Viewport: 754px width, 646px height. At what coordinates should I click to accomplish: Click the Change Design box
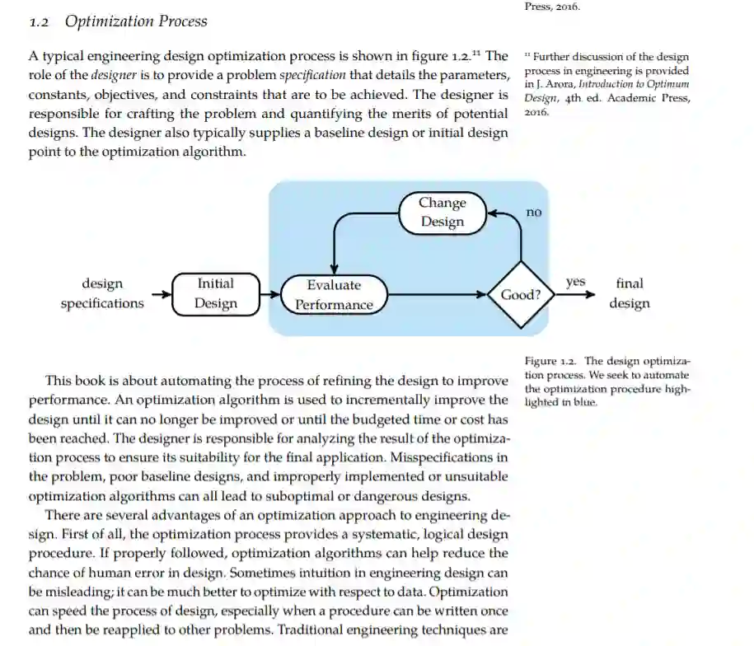coord(443,213)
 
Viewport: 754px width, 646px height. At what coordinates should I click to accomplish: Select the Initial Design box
coord(216,293)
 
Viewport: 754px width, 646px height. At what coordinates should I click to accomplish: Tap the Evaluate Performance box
coord(334,295)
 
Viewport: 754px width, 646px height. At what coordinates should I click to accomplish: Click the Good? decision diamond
coord(521,294)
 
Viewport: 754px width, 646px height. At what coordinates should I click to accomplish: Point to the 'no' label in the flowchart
coord(534,213)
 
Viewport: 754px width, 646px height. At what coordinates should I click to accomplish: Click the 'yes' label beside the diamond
coord(575,282)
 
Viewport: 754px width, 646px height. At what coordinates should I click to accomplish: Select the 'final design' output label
coord(630,293)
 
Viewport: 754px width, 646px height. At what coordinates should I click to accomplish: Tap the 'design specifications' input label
coord(102,293)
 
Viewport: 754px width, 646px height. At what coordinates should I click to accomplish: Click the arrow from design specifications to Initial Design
coord(158,294)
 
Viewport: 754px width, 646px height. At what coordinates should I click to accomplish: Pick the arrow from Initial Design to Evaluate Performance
coord(270,294)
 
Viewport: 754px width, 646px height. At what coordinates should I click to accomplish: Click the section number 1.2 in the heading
coord(40,21)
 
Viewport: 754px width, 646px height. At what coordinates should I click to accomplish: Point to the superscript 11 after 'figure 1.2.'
coord(475,54)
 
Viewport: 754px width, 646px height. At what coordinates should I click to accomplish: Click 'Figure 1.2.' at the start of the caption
coord(550,361)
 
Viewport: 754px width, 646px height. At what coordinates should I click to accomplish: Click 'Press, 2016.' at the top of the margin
coord(552,7)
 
